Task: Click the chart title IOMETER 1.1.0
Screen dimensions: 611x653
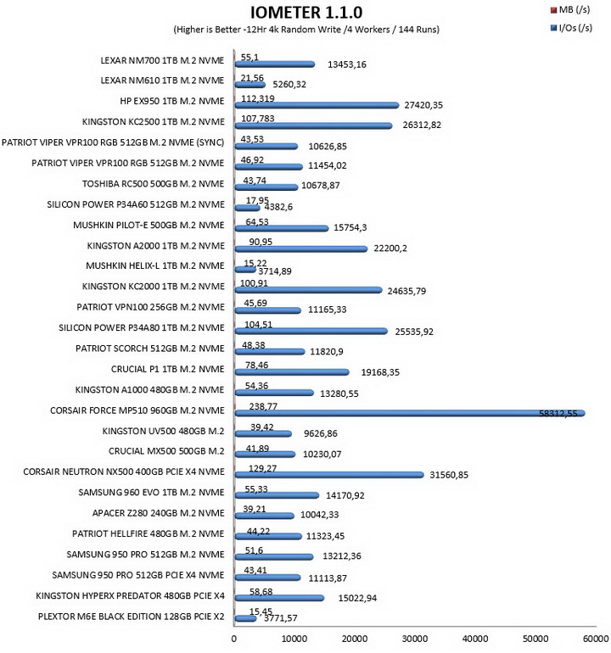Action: coord(306,13)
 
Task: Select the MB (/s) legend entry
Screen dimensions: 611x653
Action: coord(570,9)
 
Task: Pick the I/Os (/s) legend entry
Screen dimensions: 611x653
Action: coord(571,28)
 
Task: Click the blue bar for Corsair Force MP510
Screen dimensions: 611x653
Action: coord(410,413)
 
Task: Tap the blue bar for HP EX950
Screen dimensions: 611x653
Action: coord(317,105)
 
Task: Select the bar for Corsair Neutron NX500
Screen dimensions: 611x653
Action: coord(329,475)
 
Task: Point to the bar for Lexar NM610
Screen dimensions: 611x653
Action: coord(250,85)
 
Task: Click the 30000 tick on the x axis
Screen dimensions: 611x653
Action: coord(415,639)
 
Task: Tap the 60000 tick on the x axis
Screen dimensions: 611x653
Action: coord(596,639)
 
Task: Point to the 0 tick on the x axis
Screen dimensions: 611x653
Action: coord(234,639)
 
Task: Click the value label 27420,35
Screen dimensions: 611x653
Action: coord(423,105)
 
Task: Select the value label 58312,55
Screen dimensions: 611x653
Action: coord(558,413)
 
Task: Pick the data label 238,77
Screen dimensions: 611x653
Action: coord(263,406)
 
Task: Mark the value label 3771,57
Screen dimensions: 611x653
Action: coord(281,618)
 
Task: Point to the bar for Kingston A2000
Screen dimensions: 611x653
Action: coord(301,249)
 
